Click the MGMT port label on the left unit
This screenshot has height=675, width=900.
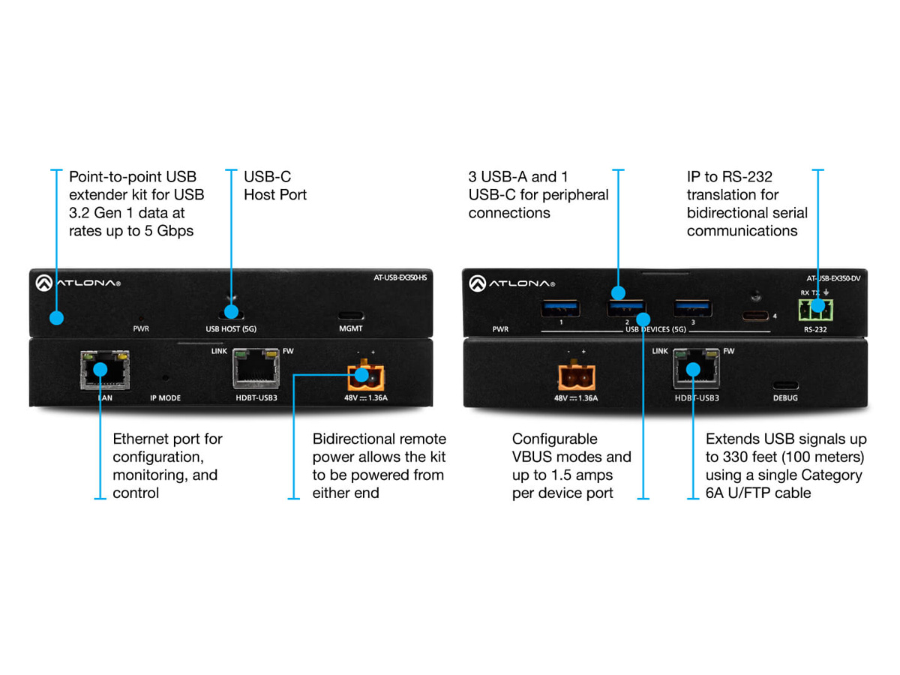point(350,328)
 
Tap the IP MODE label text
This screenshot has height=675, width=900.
point(165,398)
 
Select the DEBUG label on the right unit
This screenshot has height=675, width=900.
point(785,398)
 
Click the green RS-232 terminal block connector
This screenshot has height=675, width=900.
point(815,310)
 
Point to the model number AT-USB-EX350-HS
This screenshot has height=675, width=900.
point(400,277)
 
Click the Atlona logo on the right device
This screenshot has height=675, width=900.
point(511,283)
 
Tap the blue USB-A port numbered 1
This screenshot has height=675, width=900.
point(560,308)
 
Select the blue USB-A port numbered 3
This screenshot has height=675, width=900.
point(693,308)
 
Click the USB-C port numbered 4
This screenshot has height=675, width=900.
point(754,316)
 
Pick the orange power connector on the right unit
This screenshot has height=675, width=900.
point(576,376)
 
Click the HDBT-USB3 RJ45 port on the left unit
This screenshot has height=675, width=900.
point(256,368)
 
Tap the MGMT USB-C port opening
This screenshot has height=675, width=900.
point(351,316)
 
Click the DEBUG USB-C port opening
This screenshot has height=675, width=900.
point(785,385)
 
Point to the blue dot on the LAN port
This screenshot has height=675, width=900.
point(100,369)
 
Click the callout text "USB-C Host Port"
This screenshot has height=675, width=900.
point(275,186)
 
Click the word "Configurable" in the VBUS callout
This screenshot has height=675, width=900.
point(554,439)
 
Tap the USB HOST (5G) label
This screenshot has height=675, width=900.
point(231,329)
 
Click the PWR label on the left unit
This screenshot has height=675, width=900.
point(141,328)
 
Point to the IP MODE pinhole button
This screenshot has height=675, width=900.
point(165,377)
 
